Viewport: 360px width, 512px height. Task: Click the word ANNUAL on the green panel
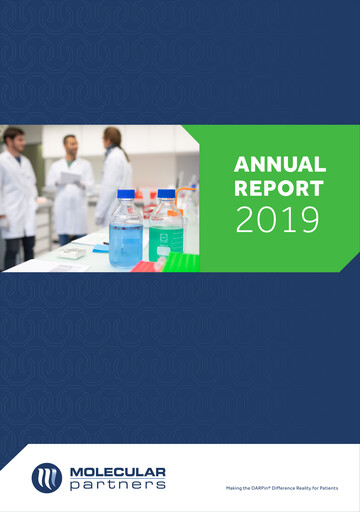(279, 165)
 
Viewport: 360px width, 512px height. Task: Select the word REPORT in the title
(279, 188)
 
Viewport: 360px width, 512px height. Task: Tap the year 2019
(279, 219)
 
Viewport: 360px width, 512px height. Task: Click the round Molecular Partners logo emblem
(47, 477)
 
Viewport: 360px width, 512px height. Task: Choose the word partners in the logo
(116, 485)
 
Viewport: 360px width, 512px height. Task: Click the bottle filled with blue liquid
(125, 236)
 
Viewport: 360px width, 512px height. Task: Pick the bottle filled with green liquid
(166, 237)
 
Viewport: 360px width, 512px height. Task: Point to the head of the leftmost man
(14, 139)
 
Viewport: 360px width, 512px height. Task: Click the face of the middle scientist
(70, 146)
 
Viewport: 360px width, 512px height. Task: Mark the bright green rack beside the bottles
(180, 263)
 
